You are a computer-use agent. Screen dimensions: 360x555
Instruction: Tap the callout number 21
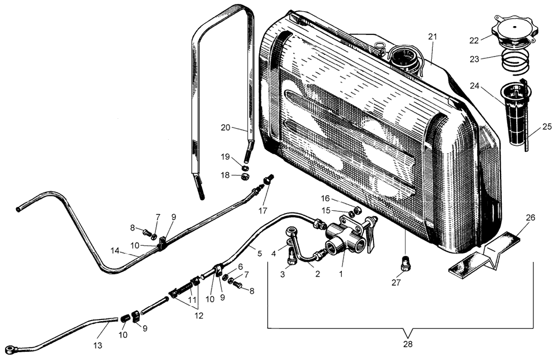pyautogui.click(x=433, y=37)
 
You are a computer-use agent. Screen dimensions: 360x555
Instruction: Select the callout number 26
pyautogui.click(x=530, y=217)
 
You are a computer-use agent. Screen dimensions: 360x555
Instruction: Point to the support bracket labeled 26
pyautogui.click(x=486, y=253)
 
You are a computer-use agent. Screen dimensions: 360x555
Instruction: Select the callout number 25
pyautogui.click(x=547, y=127)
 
